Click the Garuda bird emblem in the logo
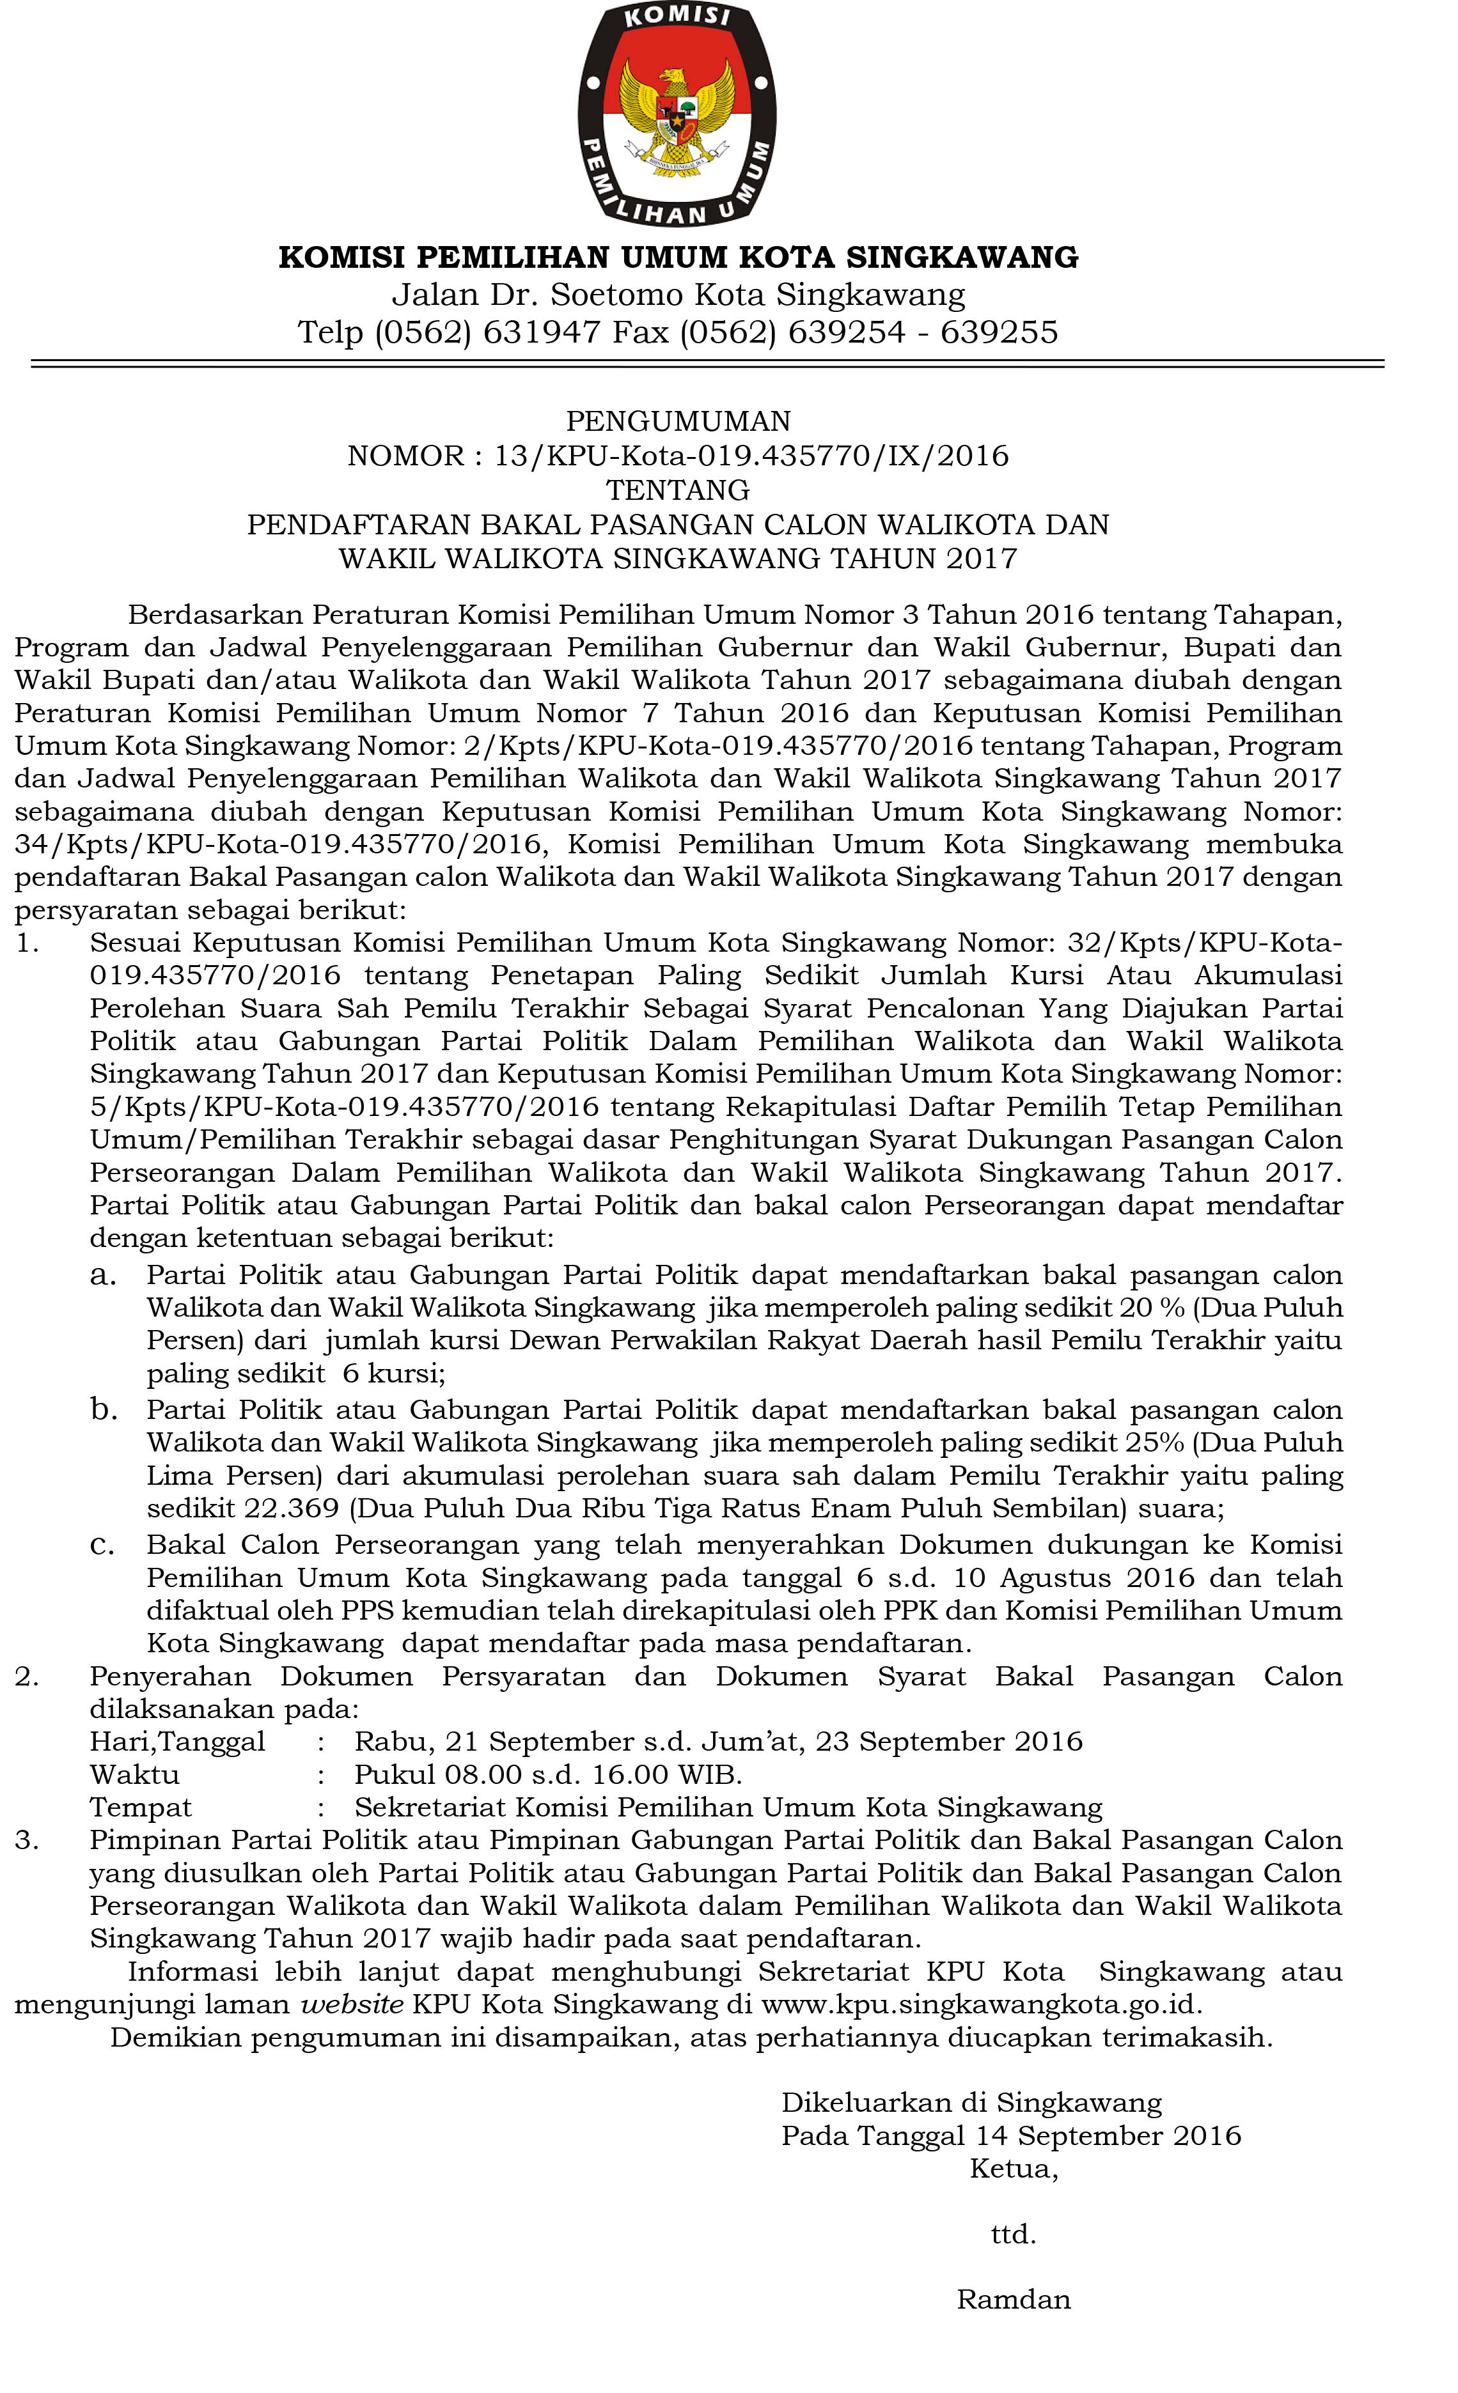(x=677, y=114)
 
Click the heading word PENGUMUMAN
(x=678, y=421)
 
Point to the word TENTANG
(x=678, y=490)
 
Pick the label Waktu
(x=134, y=1774)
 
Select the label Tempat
(x=141, y=1808)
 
